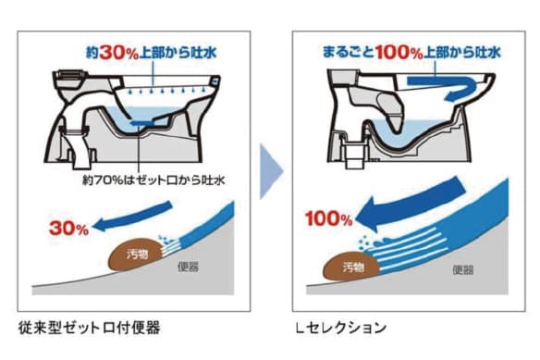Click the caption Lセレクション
[338, 328]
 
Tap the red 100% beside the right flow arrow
[324, 220]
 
